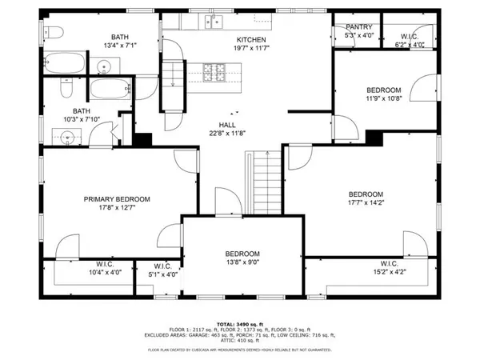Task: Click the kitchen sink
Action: [x=212, y=21]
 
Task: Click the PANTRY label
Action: [x=358, y=26]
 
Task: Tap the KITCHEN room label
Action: [x=250, y=40]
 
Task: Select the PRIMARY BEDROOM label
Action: [x=118, y=199]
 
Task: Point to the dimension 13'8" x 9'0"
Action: [x=242, y=262]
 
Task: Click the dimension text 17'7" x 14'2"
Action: [x=366, y=205]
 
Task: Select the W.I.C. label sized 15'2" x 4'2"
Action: [x=390, y=263]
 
